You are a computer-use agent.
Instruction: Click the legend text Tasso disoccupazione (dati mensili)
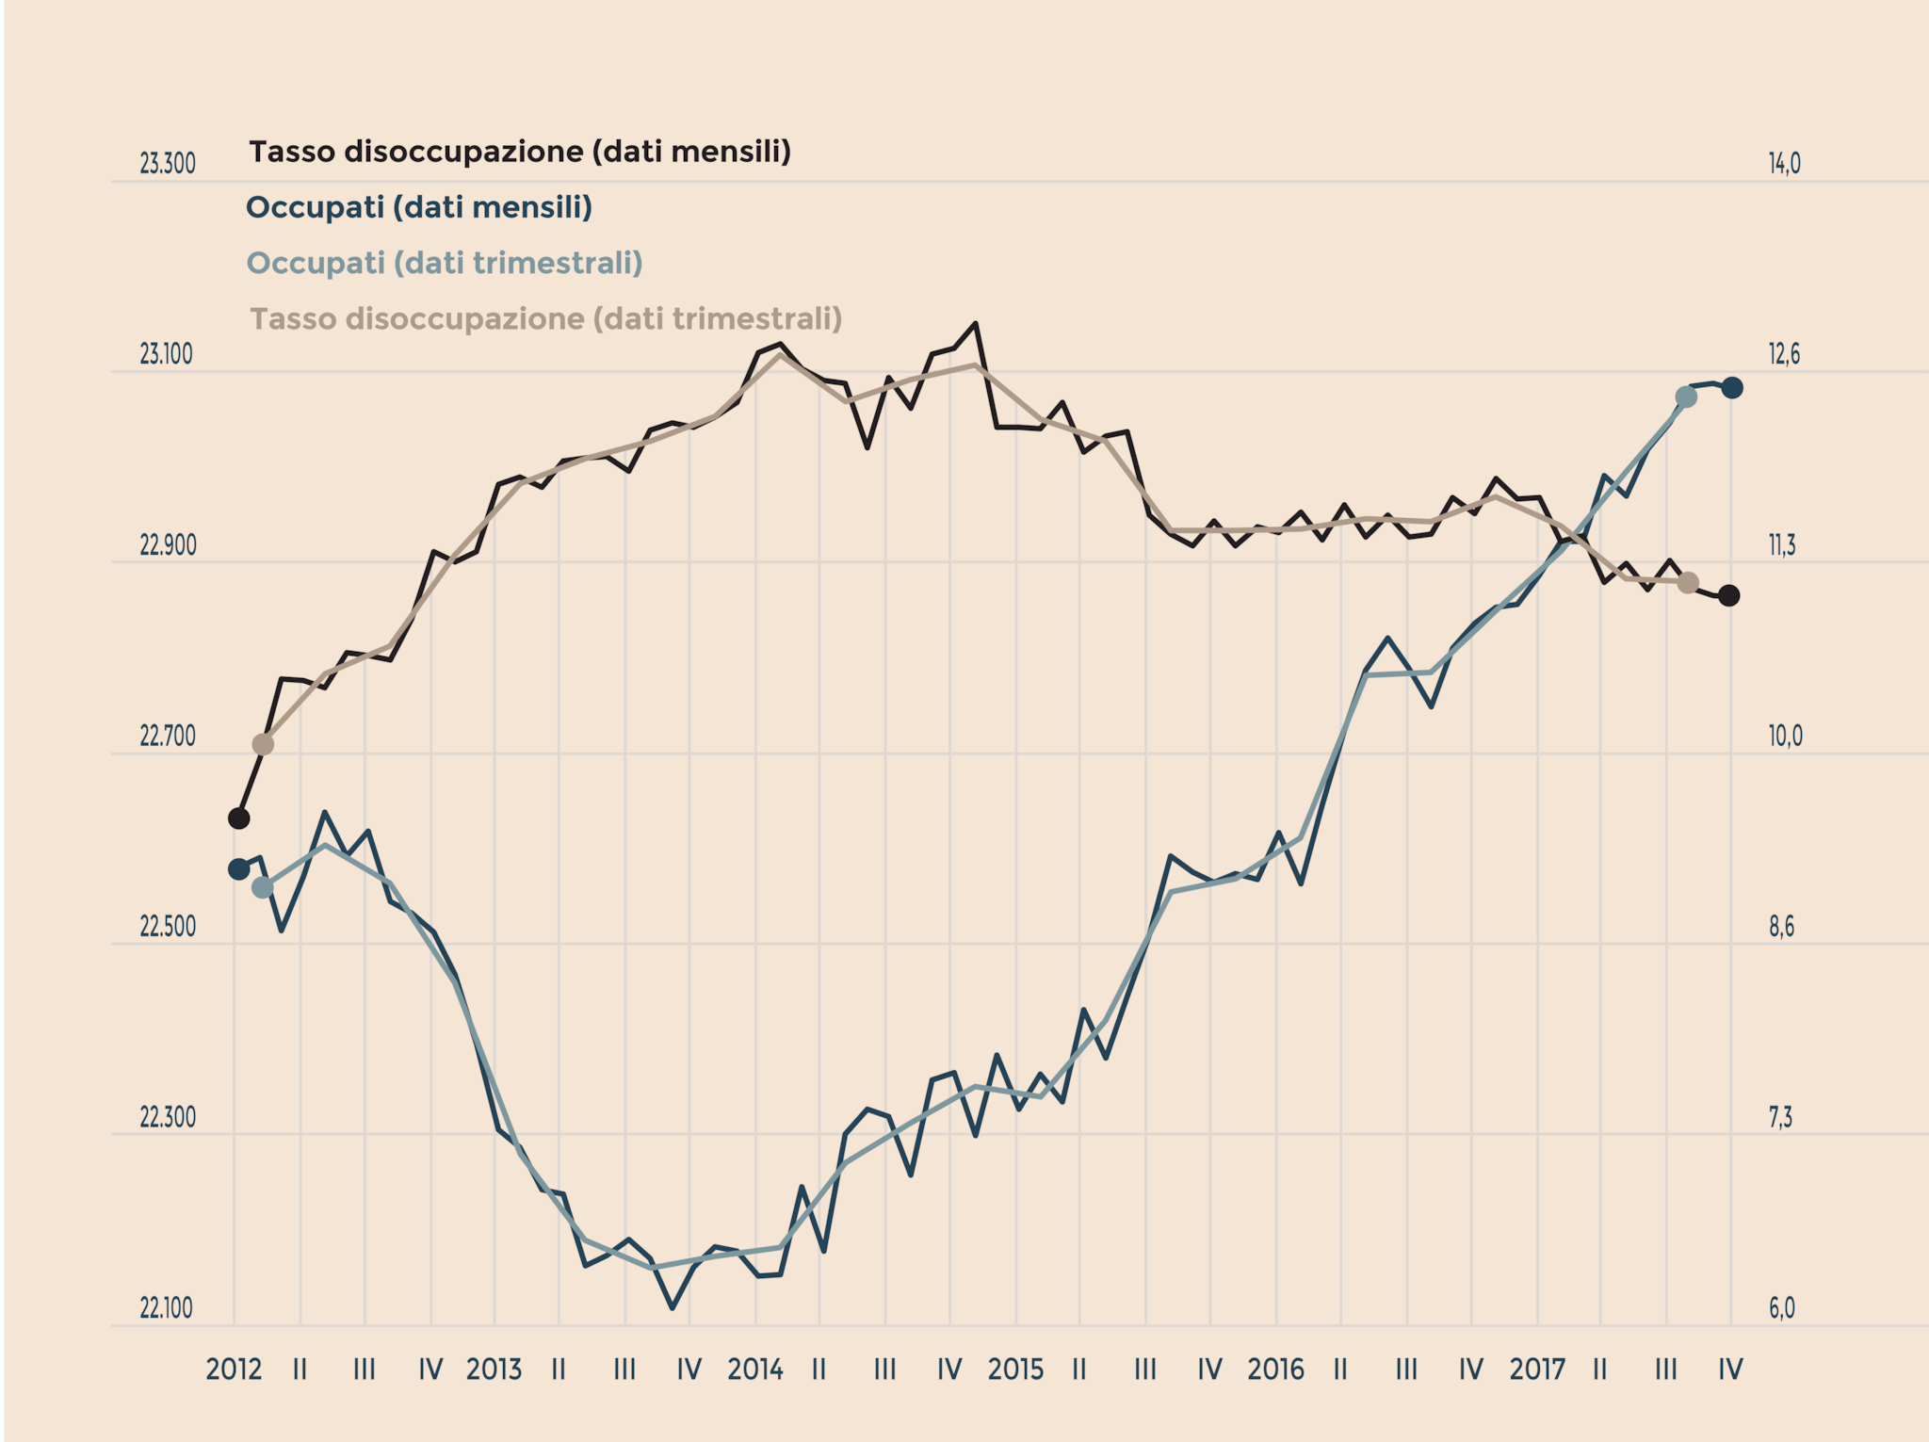[x=519, y=152]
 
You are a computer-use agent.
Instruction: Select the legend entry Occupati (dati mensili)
[x=418, y=207]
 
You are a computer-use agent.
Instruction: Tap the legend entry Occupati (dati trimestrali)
[x=444, y=263]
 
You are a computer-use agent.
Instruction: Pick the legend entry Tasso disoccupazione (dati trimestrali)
[x=545, y=319]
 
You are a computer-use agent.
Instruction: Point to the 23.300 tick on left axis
[x=168, y=164]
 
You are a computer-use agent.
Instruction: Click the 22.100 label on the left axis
[x=168, y=1308]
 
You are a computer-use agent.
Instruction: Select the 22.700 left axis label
[x=168, y=737]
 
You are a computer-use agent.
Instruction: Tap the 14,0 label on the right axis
[x=1784, y=164]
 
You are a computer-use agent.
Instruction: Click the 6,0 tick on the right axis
[x=1781, y=1308]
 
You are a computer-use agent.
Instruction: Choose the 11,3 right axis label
[x=1781, y=545]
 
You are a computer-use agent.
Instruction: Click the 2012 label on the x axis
[x=234, y=1369]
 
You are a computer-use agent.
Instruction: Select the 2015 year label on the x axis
[x=1015, y=1369]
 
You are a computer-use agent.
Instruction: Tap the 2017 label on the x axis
[x=1537, y=1369]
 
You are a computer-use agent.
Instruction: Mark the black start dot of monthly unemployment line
[x=239, y=818]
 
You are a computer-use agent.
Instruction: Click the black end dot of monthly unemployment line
[x=1728, y=595]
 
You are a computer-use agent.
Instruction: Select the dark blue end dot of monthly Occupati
[x=1732, y=387]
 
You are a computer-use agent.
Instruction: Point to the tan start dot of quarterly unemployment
[x=263, y=744]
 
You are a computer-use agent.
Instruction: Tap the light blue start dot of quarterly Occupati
[x=263, y=887]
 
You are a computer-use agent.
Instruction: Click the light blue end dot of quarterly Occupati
[x=1686, y=397]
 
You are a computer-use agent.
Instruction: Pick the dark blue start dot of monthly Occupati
[x=239, y=868]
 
